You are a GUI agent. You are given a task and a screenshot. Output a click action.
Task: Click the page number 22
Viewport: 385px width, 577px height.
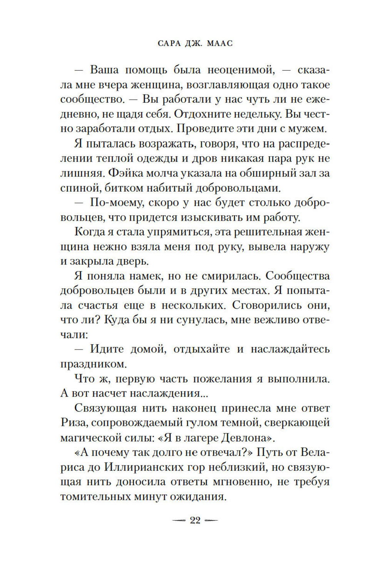click(x=195, y=520)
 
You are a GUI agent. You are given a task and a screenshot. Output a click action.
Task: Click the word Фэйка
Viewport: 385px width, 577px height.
click(x=124, y=173)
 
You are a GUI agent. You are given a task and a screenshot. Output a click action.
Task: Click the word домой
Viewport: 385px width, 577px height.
click(x=149, y=349)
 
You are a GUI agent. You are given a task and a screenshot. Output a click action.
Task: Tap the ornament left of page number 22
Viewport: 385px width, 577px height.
click(x=178, y=521)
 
